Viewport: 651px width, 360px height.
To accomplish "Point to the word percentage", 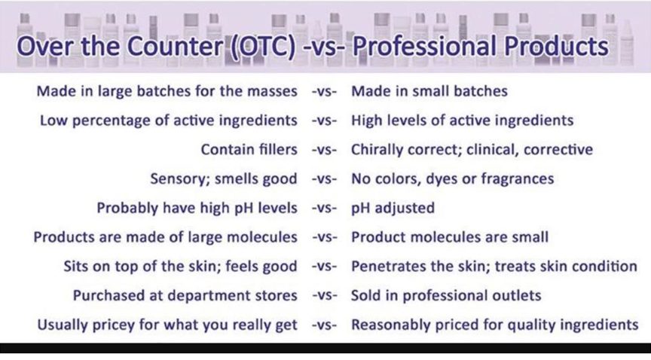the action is click(112, 121).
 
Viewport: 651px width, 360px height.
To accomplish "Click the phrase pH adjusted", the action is click(393, 208).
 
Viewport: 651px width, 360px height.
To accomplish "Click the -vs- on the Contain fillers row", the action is click(324, 150).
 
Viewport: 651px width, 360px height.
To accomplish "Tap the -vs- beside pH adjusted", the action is click(324, 208).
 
